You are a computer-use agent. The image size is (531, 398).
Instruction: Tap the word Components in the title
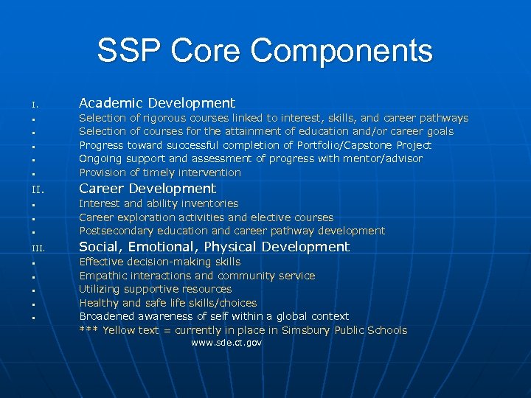pos(341,51)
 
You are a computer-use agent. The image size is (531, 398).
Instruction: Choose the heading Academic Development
pos(156,103)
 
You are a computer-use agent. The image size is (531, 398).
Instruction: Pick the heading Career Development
pos(147,189)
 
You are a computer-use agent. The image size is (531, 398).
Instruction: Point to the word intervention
pos(209,172)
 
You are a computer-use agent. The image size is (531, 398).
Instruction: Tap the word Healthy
pos(100,303)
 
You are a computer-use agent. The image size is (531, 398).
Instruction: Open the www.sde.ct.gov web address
pos(226,343)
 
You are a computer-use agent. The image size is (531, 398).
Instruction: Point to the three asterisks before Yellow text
pos(88,330)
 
